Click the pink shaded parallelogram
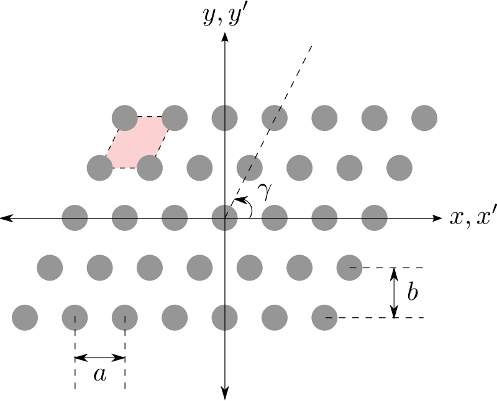pyautogui.click(x=137, y=143)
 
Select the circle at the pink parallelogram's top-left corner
pyautogui.click(x=124, y=118)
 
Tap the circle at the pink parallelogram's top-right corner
pyautogui.click(x=175, y=118)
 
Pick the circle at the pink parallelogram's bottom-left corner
pyautogui.click(x=99, y=168)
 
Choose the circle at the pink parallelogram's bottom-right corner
pyautogui.click(x=150, y=168)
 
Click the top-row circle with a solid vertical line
pyautogui.click(x=224, y=118)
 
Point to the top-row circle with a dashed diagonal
pyautogui.click(x=275, y=118)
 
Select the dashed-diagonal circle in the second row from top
pyautogui.click(x=250, y=168)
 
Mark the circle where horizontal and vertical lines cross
pyautogui.click(x=224, y=218)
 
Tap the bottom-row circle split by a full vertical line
pyautogui.click(x=224, y=318)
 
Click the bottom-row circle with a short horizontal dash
pyautogui.click(x=324, y=318)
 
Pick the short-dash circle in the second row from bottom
pyautogui.click(x=349, y=268)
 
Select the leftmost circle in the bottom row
pyautogui.click(x=25, y=318)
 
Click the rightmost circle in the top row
pyautogui.click(x=424, y=118)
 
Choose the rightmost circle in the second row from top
pyautogui.click(x=399, y=168)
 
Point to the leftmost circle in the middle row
pyautogui.click(x=75, y=218)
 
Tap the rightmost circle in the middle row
pyautogui.click(x=375, y=218)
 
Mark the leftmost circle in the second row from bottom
pyautogui.click(x=50, y=268)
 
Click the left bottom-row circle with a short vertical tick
pyautogui.click(x=75, y=318)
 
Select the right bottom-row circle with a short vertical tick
pyautogui.click(x=124, y=318)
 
